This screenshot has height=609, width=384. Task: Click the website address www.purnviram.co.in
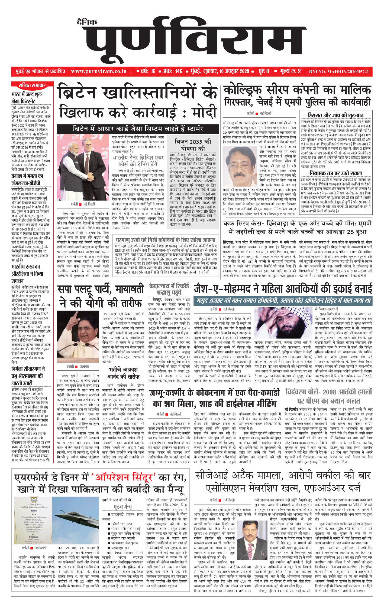pyautogui.click(x=99, y=71)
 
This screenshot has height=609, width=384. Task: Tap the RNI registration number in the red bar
pyautogui.click(x=339, y=72)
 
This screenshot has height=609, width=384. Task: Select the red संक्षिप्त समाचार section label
pyautogui.click(x=32, y=86)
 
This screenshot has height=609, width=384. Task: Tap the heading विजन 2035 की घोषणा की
pyautogui.click(x=193, y=145)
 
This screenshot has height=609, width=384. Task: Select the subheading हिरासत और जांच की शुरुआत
pyautogui.click(x=335, y=115)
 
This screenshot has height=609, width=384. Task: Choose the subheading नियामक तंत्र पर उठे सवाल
pyautogui.click(x=335, y=173)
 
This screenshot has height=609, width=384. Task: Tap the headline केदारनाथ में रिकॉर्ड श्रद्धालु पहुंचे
pyautogui.click(x=169, y=289)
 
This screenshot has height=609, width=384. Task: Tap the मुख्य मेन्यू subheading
pyautogui.click(x=122, y=506)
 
